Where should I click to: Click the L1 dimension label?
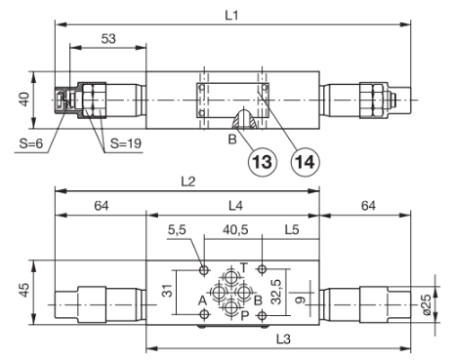click(x=232, y=16)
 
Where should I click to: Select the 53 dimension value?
click(x=108, y=39)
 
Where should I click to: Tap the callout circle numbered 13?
click(x=263, y=162)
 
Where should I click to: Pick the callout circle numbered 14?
click(x=305, y=162)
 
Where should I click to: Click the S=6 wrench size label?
click(x=31, y=143)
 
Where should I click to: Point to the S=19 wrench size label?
click(x=126, y=143)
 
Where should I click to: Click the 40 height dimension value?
click(x=24, y=100)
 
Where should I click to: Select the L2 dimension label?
click(x=188, y=181)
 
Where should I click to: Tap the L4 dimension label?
click(x=235, y=206)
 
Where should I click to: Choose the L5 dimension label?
click(x=292, y=230)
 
